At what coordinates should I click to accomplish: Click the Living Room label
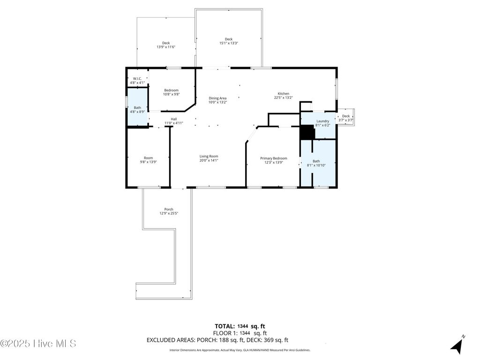(x=209, y=157)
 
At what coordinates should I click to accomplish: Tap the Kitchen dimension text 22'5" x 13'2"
(x=283, y=98)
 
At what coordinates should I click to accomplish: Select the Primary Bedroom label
(x=273, y=158)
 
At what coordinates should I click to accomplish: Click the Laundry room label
(x=322, y=121)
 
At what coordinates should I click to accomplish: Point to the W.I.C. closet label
(x=137, y=79)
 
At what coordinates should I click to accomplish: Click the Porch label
(x=169, y=209)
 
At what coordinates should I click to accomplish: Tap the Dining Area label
(x=217, y=98)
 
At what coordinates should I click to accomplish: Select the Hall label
(x=173, y=119)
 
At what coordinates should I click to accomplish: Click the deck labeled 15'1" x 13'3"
(x=229, y=39)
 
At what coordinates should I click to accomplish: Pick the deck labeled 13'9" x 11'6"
(x=166, y=43)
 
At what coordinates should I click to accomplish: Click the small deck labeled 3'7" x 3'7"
(x=345, y=116)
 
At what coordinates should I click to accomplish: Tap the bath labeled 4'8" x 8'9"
(x=137, y=108)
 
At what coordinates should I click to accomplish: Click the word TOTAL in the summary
(x=225, y=326)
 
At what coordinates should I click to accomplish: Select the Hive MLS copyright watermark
(x=38, y=344)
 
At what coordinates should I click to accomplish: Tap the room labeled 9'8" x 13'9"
(x=148, y=158)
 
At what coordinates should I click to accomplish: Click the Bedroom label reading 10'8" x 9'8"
(x=171, y=90)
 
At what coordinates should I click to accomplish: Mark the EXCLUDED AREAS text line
(x=217, y=340)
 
